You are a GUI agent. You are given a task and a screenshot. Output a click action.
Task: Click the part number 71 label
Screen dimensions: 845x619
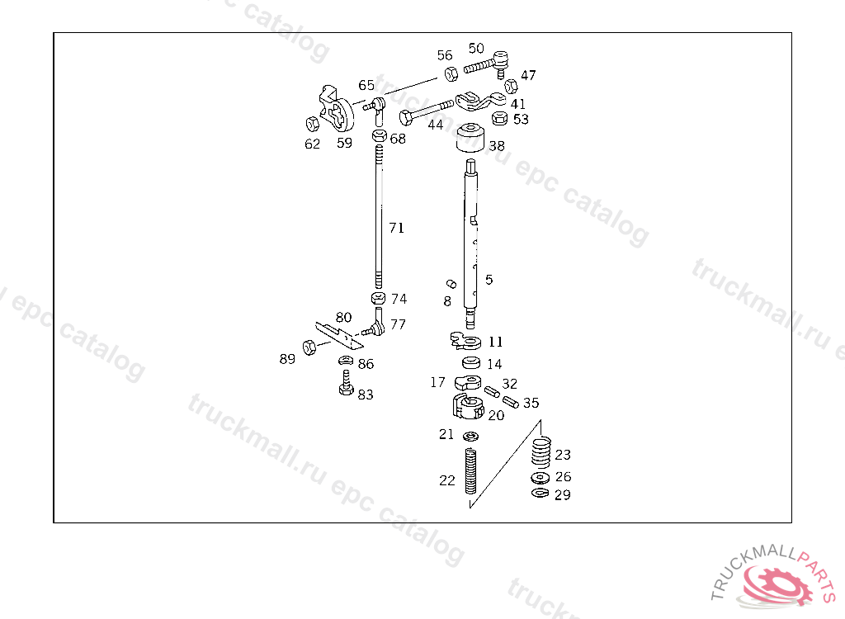pyautogui.click(x=397, y=228)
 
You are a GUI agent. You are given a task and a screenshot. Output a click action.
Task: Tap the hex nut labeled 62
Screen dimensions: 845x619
pyautogui.click(x=313, y=125)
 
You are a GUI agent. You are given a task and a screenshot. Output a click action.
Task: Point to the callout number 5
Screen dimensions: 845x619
pyautogui.click(x=489, y=280)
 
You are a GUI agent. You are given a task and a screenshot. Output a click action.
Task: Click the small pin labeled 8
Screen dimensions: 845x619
pyautogui.click(x=451, y=284)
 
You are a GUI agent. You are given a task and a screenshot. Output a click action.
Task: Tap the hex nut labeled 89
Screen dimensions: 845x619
pyautogui.click(x=308, y=347)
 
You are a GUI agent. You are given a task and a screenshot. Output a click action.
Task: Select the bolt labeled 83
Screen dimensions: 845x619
pyautogui.click(x=347, y=385)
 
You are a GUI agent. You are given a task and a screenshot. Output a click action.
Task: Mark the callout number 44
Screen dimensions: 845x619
pyautogui.click(x=435, y=125)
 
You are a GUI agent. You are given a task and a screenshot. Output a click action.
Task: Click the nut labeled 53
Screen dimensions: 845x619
pyautogui.click(x=499, y=119)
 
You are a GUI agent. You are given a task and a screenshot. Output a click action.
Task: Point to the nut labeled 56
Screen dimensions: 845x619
pyautogui.click(x=451, y=73)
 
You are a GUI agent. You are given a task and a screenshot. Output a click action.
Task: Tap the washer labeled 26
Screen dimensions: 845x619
pyautogui.click(x=541, y=479)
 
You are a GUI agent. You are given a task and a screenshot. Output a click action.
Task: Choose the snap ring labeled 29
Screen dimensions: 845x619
pyautogui.click(x=540, y=494)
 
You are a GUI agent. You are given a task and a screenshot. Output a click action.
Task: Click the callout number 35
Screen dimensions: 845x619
pyautogui.click(x=531, y=404)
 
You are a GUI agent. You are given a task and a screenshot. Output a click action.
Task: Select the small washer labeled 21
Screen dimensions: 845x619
pyautogui.click(x=470, y=436)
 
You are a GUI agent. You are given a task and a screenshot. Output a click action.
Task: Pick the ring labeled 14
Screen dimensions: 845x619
pyautogui.click(x=471, y=363)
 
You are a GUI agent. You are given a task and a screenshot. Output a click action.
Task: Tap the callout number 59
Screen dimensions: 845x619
pyautogui.click(x=344, y=142)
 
